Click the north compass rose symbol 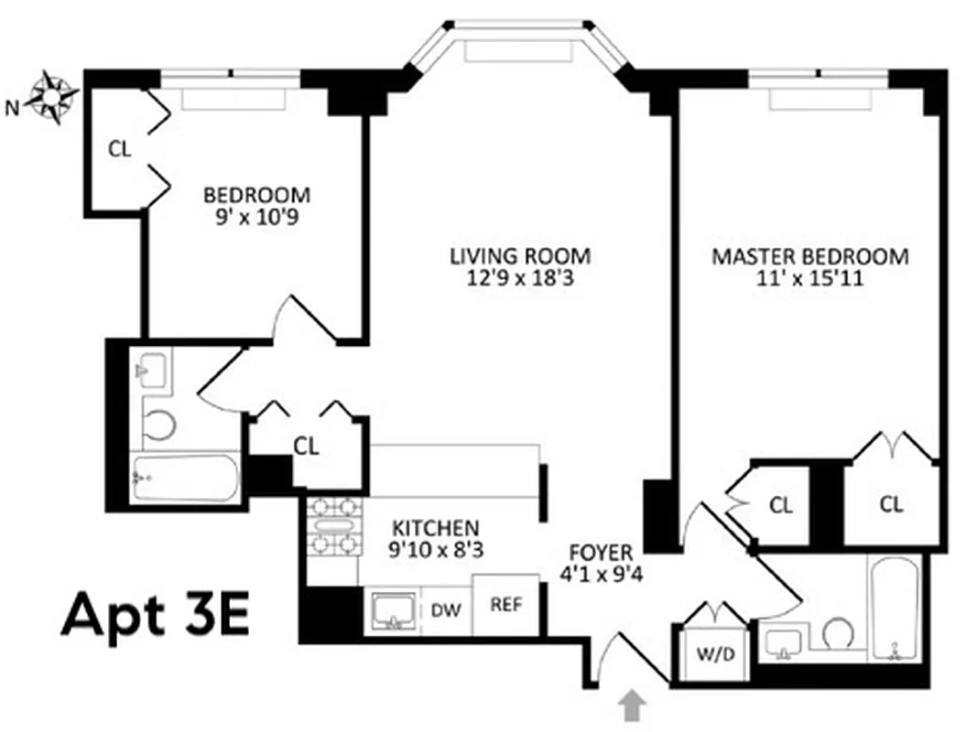(52, 97)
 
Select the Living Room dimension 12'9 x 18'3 (519, 279)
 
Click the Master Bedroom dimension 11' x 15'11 (810, 279)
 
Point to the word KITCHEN (435, 528)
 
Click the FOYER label (601, 553)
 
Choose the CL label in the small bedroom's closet (120, 148)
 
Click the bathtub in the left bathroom (183, 478)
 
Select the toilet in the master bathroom (838, 632)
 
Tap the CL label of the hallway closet (306, 447)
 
